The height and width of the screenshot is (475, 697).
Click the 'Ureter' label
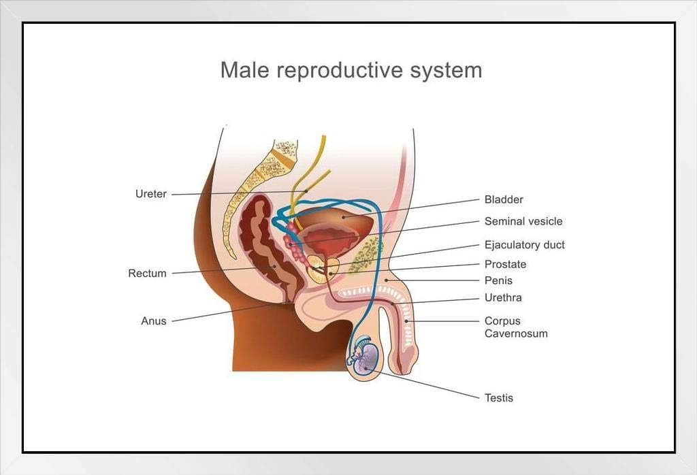[151, 194]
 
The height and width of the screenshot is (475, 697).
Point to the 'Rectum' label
[147, 274]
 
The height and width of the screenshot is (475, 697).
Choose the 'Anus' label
[153, 321]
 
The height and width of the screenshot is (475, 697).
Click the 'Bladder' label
[504, 199]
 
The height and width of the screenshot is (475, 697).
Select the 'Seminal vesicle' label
[523, 221]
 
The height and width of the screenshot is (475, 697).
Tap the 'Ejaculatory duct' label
[524, 245]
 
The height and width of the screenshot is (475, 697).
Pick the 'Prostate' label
[505, 264]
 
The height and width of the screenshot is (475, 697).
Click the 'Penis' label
[498, 280]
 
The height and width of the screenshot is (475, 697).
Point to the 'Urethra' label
[503, 297]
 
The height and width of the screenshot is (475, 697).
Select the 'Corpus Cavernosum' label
[516, 327]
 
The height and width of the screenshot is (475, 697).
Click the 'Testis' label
[498, 397]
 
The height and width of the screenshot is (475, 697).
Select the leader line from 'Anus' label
[225, 312]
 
